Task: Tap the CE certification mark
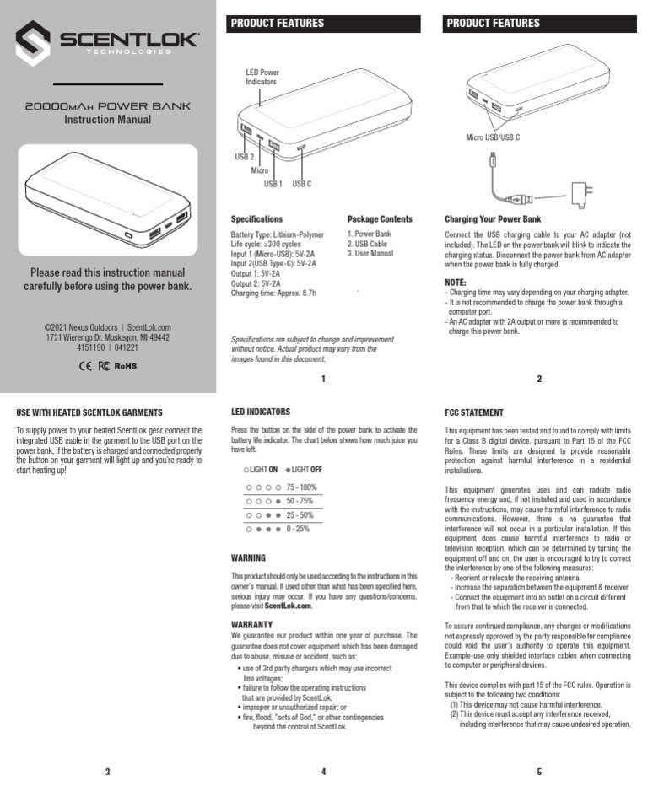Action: point(84,366)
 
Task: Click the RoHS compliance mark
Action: point(125,366)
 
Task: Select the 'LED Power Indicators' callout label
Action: point(262,77)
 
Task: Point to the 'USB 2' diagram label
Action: point(244,157)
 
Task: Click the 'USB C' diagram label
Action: point(302,183)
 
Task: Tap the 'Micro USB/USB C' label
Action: point(493,137)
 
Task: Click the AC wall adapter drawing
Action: point(580,194)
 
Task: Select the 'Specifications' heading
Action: point(256,218)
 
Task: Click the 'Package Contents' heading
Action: point(380,218)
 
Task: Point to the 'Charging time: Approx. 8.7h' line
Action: point(273,293)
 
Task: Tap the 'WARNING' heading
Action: point(248,558)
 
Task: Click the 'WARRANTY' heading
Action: point(251,624)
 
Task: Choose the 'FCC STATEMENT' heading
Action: point(474,413)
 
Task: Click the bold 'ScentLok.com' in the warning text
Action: point(288,606)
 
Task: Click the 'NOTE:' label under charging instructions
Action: point(456,282)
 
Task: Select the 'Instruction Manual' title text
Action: point(108,120)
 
